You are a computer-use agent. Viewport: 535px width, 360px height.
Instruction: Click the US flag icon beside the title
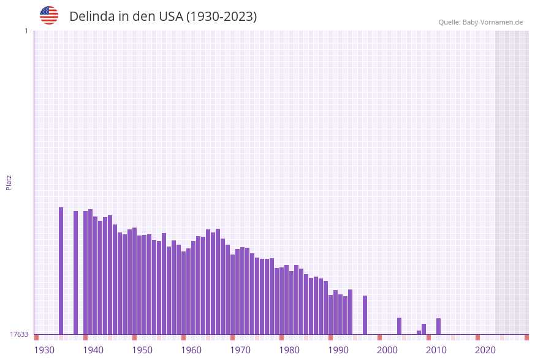tap(49, 15)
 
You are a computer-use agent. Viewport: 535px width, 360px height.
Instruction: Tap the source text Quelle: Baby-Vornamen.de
tap(480, 22)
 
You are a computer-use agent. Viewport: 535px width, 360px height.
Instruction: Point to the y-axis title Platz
tap(9, 182)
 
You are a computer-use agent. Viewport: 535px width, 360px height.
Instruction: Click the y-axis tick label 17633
tap(19, 334)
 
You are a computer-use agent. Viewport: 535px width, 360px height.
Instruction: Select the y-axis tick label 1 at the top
tap(26, 31)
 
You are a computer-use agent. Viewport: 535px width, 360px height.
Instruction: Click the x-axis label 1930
tap(44, 350)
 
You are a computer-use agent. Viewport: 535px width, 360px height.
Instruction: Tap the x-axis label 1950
tap(142, 350)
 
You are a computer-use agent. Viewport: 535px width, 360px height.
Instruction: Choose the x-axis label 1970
tap(240, 350)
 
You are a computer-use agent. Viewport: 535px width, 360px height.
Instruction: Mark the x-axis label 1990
tap(338, 350)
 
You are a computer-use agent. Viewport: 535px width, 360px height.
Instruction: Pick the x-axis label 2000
tap(387, 350)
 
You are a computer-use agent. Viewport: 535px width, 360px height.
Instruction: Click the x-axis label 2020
tap(485, 350)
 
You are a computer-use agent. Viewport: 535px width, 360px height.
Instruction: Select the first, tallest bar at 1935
tap(61, 270)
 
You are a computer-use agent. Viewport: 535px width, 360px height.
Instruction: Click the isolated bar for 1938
tap(76, 272)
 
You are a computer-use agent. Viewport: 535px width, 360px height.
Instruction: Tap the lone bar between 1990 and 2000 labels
tap(365, 315)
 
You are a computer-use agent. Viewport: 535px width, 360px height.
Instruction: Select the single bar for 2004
tap(400, 326)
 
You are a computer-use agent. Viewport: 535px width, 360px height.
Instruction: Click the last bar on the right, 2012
tap(439, 326)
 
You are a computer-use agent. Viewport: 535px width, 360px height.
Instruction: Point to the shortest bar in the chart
tap(419, 332)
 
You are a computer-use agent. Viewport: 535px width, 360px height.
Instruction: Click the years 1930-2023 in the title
tap(221, 17)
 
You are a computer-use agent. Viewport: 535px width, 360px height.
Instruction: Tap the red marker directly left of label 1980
tap(282, 337)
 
